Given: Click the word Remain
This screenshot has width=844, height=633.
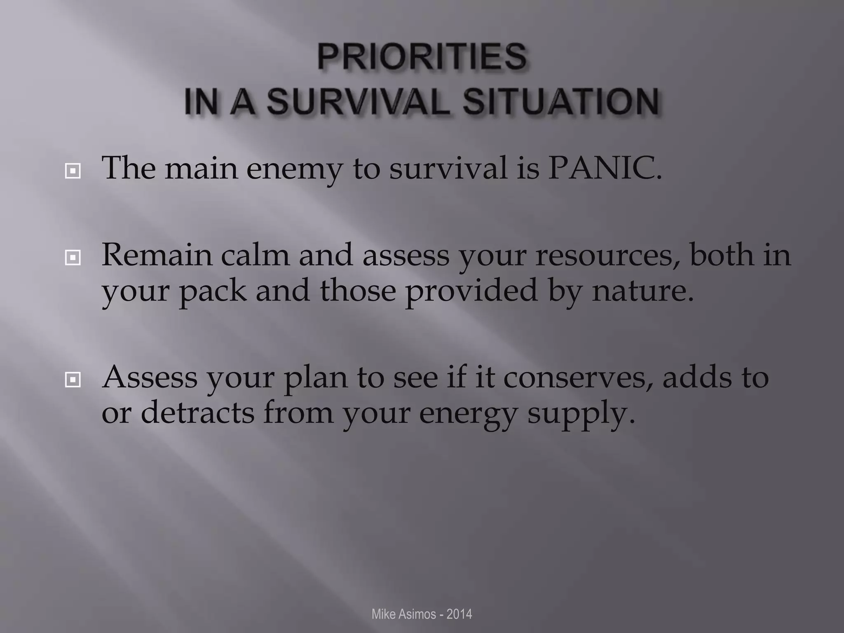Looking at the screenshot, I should [156, 255].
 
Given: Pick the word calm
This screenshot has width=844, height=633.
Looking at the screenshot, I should [255, 255].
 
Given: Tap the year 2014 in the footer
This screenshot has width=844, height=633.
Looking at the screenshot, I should [459, 614].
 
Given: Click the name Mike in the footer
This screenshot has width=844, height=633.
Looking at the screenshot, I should [382, 614].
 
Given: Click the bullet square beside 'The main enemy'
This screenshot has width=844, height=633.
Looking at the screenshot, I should [73, 171].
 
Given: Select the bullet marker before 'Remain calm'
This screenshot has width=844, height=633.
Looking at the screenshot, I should [73, 258].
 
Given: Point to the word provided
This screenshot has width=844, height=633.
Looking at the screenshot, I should [471, 291].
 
